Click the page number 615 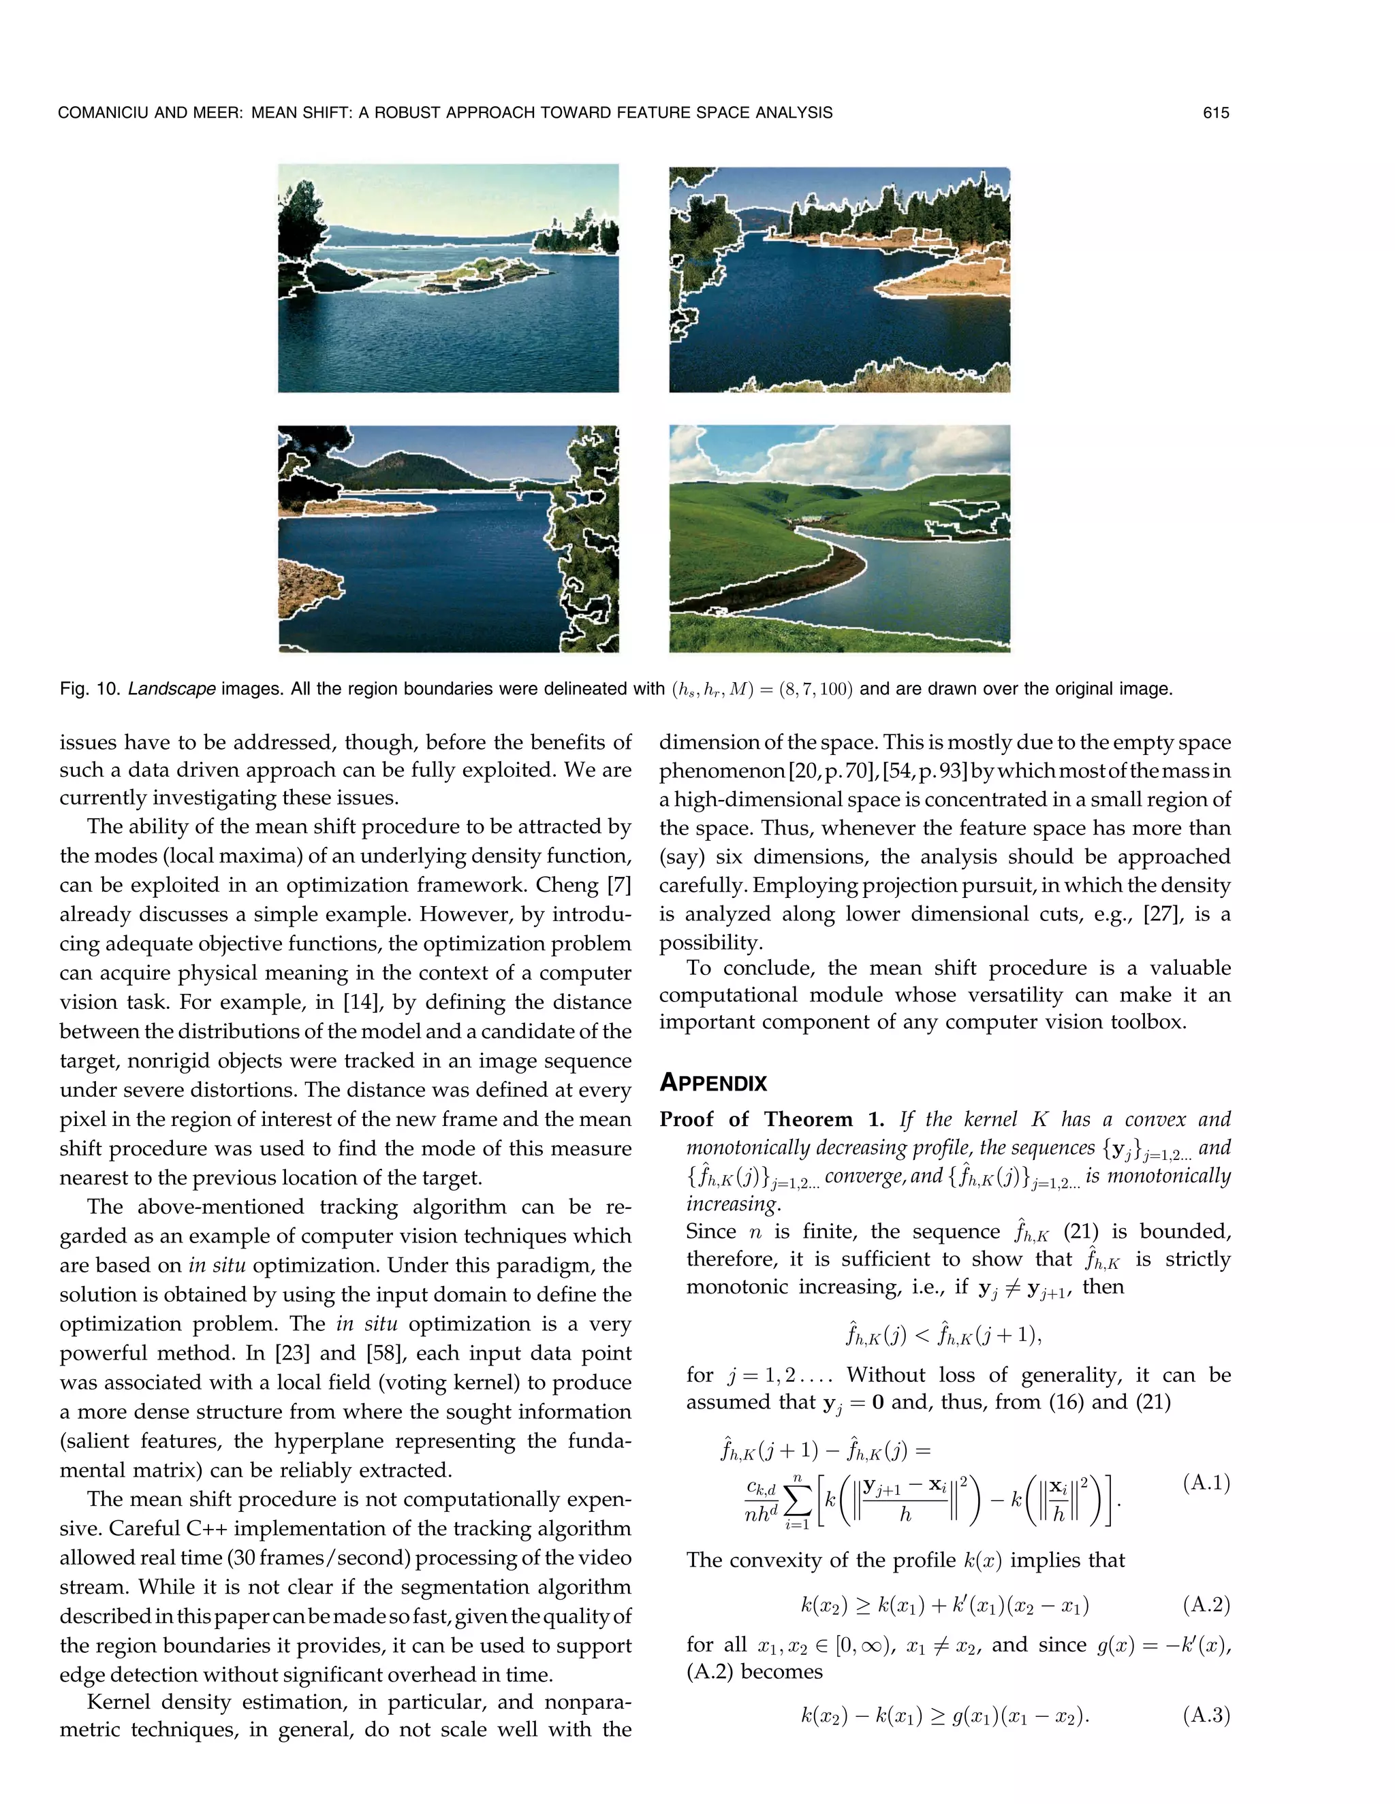click(1216, 113)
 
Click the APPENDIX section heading click(713, 1083)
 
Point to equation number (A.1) click(1206, 1483)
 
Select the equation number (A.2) click(1206, 1605)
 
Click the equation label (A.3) click(1206, 1716)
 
